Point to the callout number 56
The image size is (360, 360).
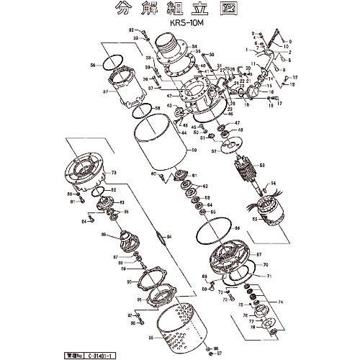(x=92, y=64)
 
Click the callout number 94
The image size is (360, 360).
(x=169, y=236)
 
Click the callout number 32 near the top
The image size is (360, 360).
(x=132, y=30)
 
